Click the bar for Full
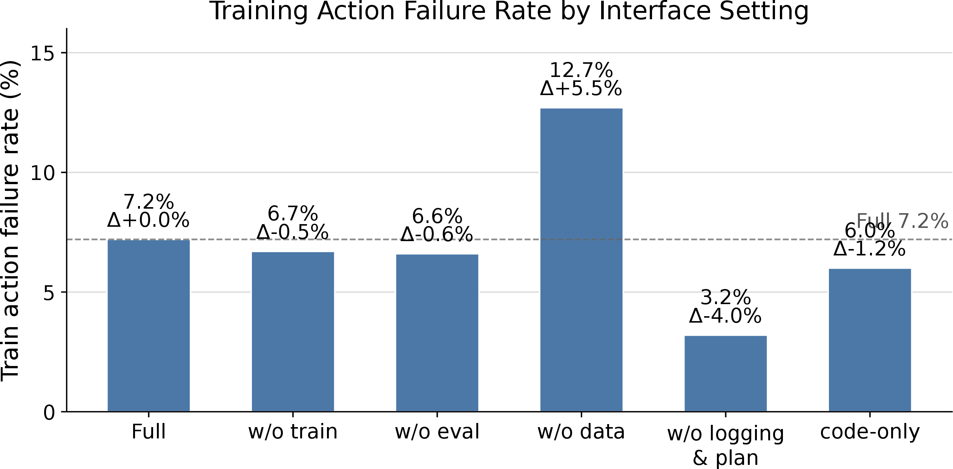149,325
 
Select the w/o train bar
293,332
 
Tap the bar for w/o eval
437,333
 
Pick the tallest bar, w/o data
582,260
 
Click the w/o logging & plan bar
726,374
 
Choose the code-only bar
870,340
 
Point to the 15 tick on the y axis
43,53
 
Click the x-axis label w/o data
582,432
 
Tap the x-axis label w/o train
293,432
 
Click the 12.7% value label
581,70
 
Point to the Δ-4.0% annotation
726,316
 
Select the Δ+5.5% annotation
581,89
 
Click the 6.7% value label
293,214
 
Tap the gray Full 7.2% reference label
902,221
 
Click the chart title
509,11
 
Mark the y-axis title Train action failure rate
10,221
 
